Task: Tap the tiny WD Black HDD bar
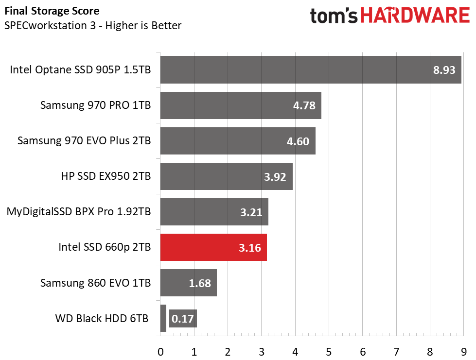(163, 318)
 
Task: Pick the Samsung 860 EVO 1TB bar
(188, 283)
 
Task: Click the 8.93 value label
(444, 70)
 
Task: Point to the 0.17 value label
(183, 319)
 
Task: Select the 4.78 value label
(304, 105)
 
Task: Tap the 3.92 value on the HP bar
(275, 177)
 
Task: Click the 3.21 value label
(250, 212)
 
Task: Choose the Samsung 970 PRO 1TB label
(95, 105)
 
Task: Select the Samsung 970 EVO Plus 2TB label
(84, 140)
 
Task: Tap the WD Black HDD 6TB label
(101, 319)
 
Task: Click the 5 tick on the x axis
(329, 351)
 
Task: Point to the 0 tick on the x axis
(160, 351)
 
